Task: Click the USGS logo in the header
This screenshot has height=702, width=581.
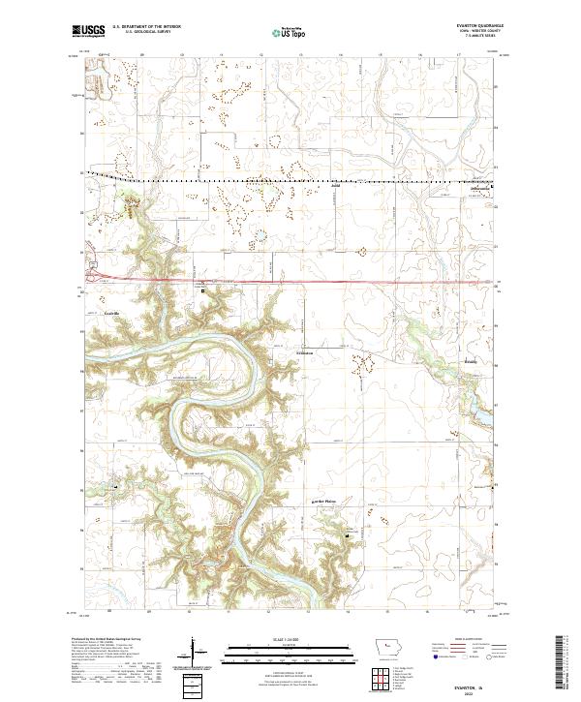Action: [x=89, y=32]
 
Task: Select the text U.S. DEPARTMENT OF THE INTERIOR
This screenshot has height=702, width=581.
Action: [x=145, y=28]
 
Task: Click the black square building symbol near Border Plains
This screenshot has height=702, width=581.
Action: [x=351, y=534]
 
